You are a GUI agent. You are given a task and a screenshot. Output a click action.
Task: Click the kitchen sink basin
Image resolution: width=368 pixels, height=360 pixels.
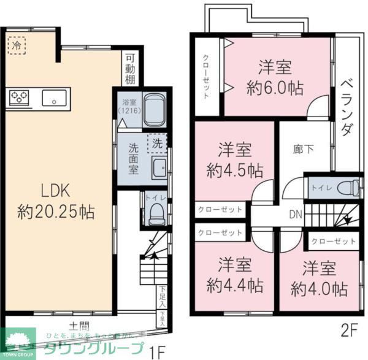55,97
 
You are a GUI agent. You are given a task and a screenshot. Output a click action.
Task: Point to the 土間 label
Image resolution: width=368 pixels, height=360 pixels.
79,326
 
